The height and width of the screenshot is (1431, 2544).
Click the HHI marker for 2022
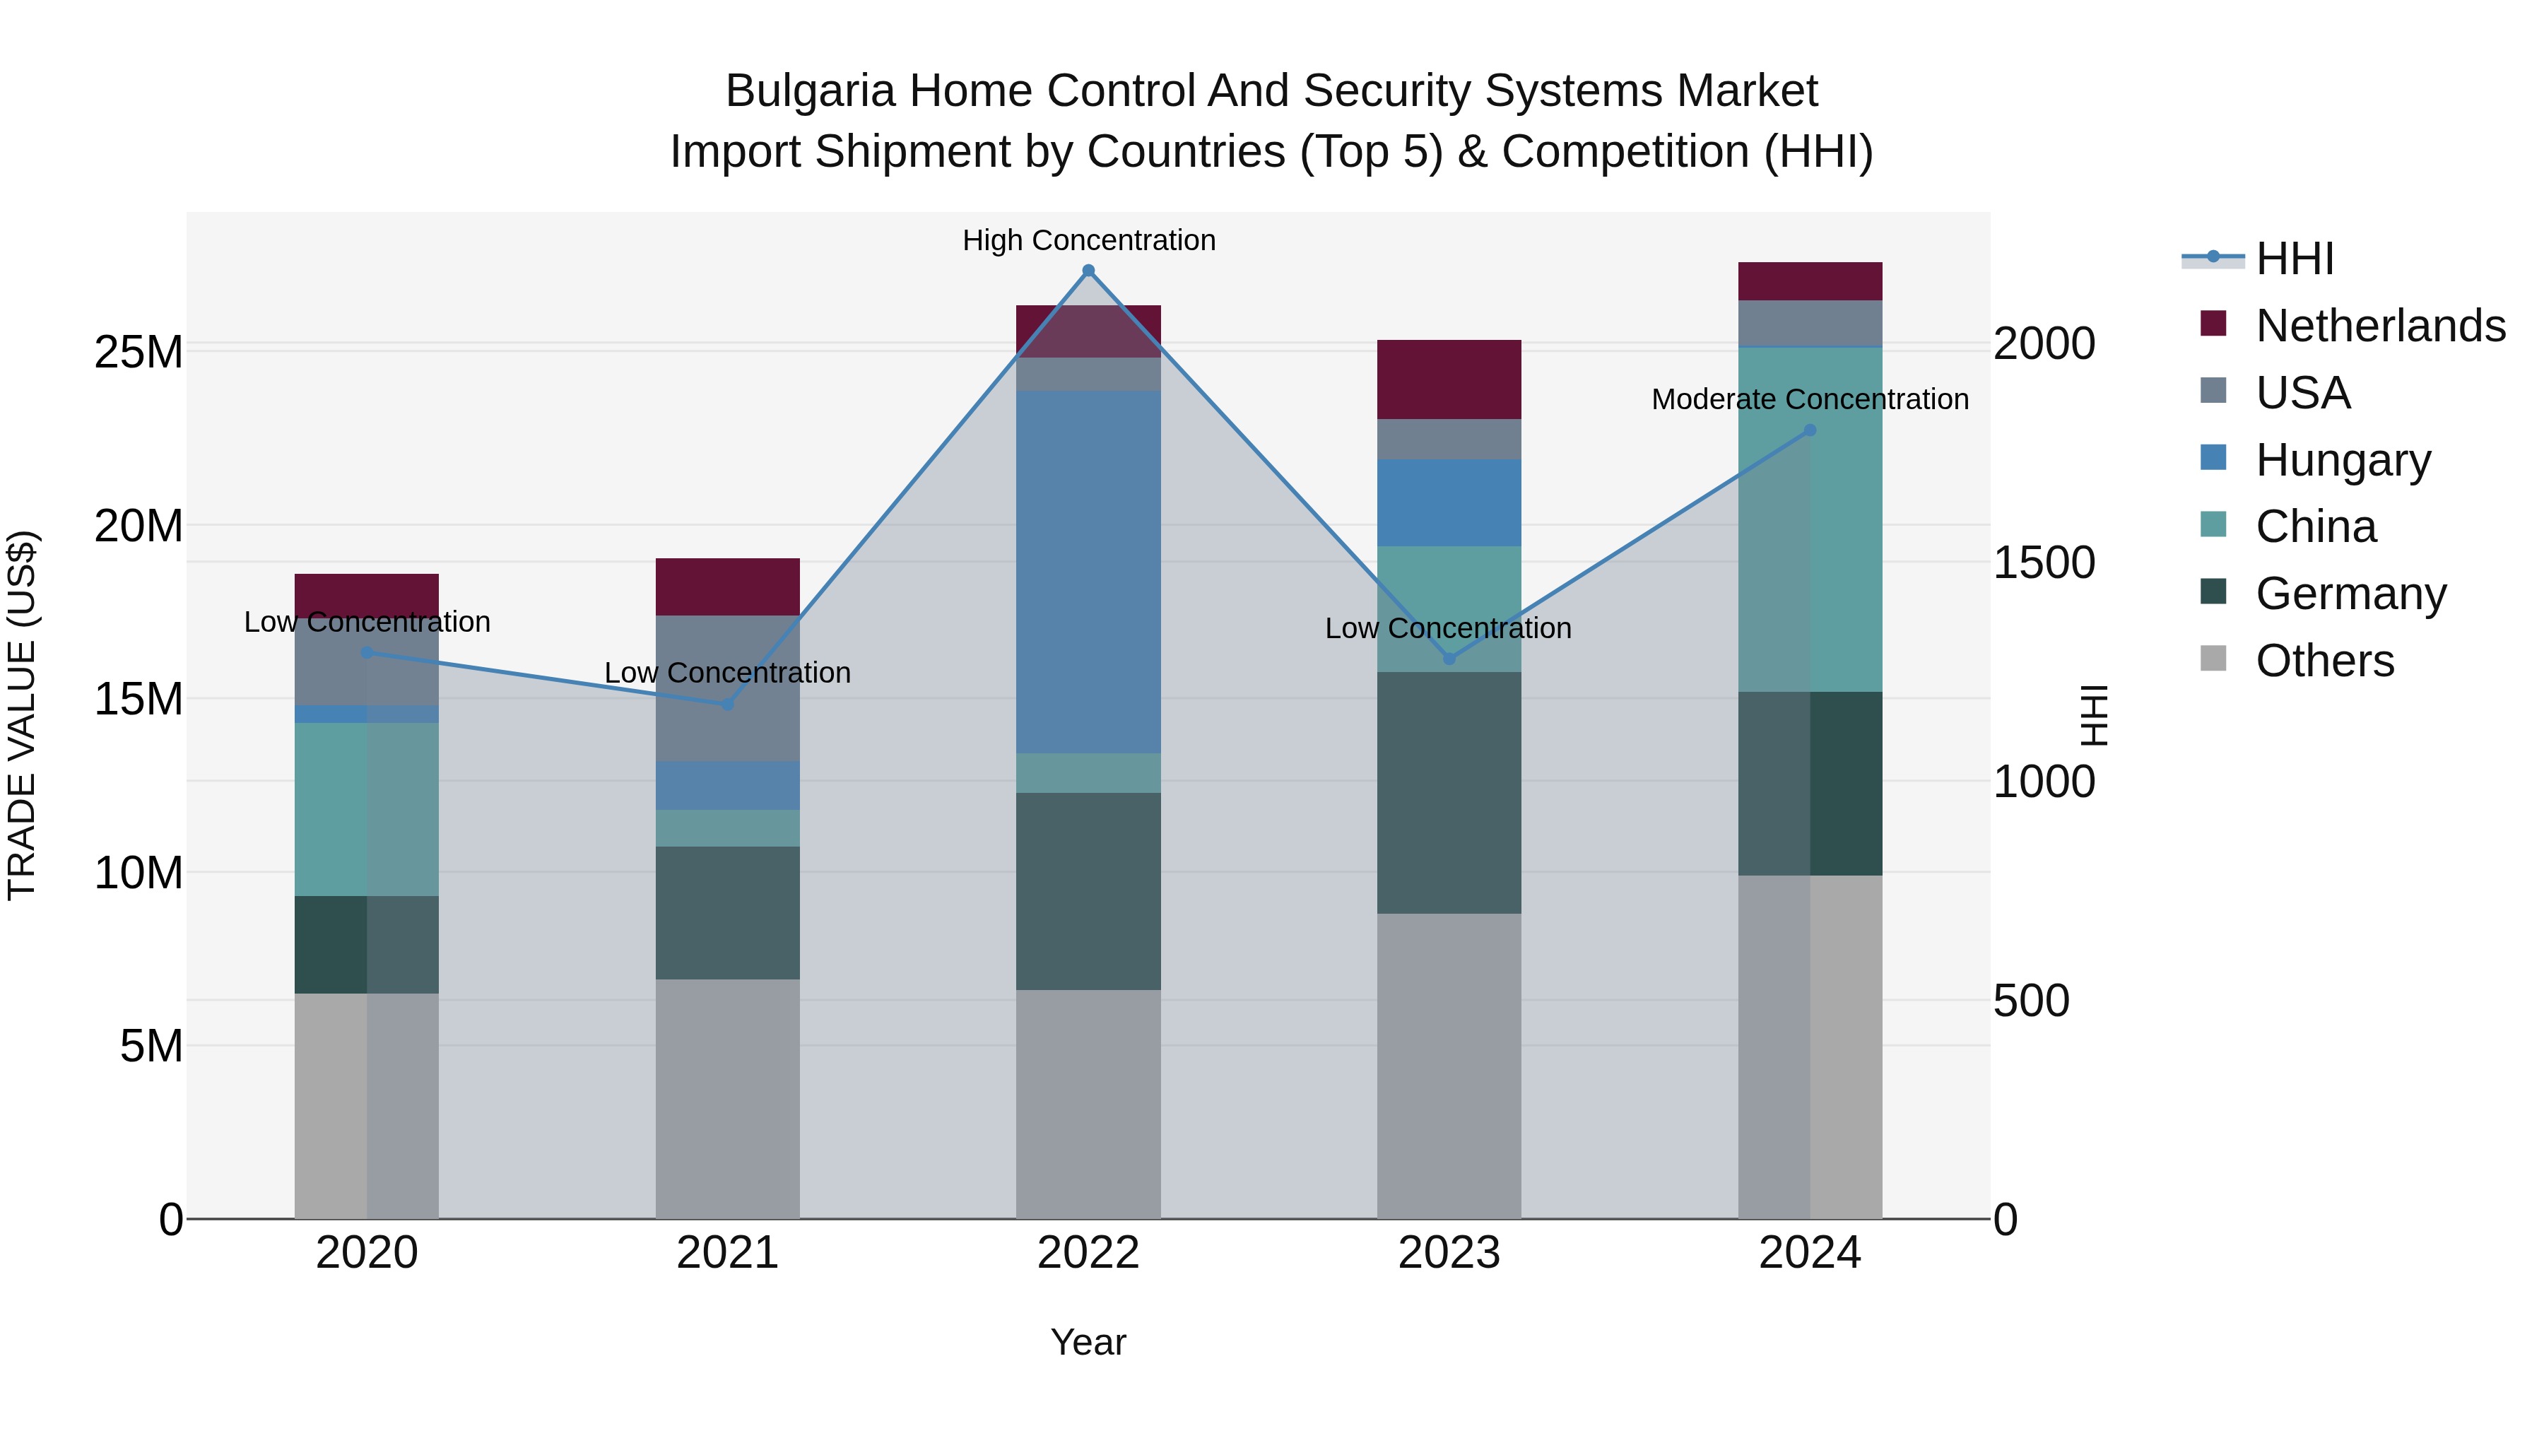click(1088, 271)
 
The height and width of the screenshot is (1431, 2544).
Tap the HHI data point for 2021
click(728, 704)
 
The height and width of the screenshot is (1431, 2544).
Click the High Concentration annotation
click(1088, 240)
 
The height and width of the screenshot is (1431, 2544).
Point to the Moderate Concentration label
click(1809, 399)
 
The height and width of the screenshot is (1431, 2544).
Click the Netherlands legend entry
click(2380, 326)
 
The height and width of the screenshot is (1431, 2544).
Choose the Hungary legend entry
click(2343, 460)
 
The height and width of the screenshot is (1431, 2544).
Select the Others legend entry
click(2325, 661)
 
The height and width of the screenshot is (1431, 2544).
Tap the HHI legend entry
click(2294, 259)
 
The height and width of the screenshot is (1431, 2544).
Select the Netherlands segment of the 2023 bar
click(1449, 379)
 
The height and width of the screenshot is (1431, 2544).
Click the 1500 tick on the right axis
click(2043, 563)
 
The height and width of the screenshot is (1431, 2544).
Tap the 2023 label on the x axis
click(1449, 1253)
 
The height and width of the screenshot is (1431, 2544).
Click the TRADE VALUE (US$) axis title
click(22, 715)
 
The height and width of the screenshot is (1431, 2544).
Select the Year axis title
click(1088, 1342)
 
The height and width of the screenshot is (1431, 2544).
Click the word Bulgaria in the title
click(810, 91)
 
